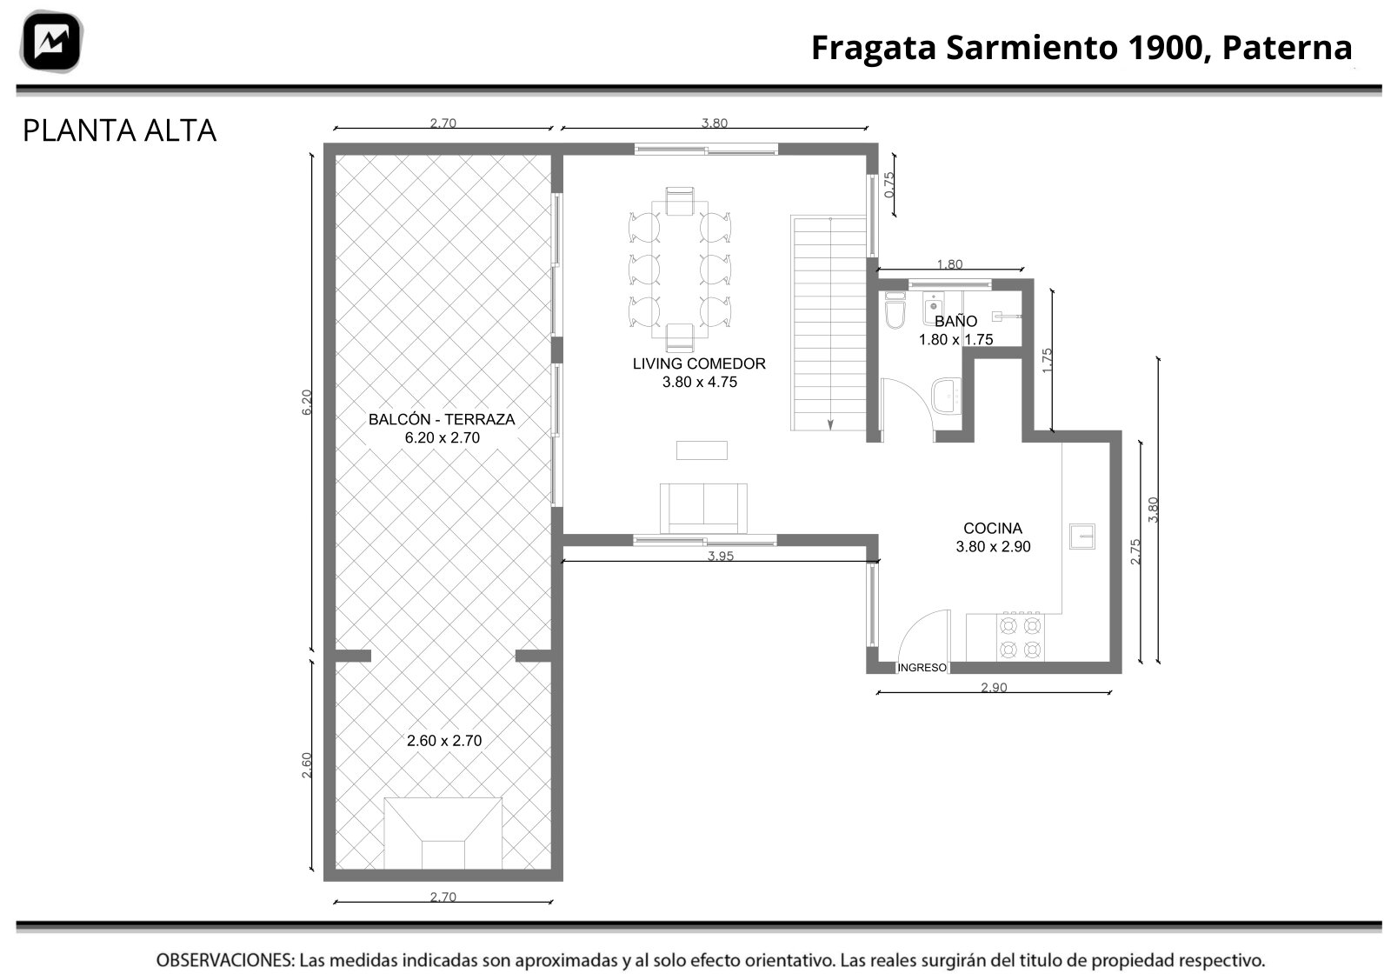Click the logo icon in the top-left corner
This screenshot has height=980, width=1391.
51,42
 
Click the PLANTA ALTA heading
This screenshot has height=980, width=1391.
119,130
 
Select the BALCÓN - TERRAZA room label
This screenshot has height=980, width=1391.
442,419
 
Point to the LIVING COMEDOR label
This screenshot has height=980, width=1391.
699,363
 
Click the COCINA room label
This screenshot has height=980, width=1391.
992,528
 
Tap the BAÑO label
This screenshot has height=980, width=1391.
955,321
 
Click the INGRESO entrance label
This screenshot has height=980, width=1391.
922,668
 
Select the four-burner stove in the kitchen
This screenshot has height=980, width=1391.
1021,637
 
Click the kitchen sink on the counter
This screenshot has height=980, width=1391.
1082,536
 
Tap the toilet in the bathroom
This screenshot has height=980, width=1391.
895,310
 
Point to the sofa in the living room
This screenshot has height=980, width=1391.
703,508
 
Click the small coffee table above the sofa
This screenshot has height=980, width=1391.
702,450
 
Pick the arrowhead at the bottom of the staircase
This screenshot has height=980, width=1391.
830,425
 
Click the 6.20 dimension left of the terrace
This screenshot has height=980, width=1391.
307,403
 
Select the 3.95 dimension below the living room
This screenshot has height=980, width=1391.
721,555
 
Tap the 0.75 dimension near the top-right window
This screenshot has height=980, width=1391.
889,185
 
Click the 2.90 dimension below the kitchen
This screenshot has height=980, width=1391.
994,687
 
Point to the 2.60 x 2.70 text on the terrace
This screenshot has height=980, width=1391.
444,740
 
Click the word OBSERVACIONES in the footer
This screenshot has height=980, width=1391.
225,960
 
